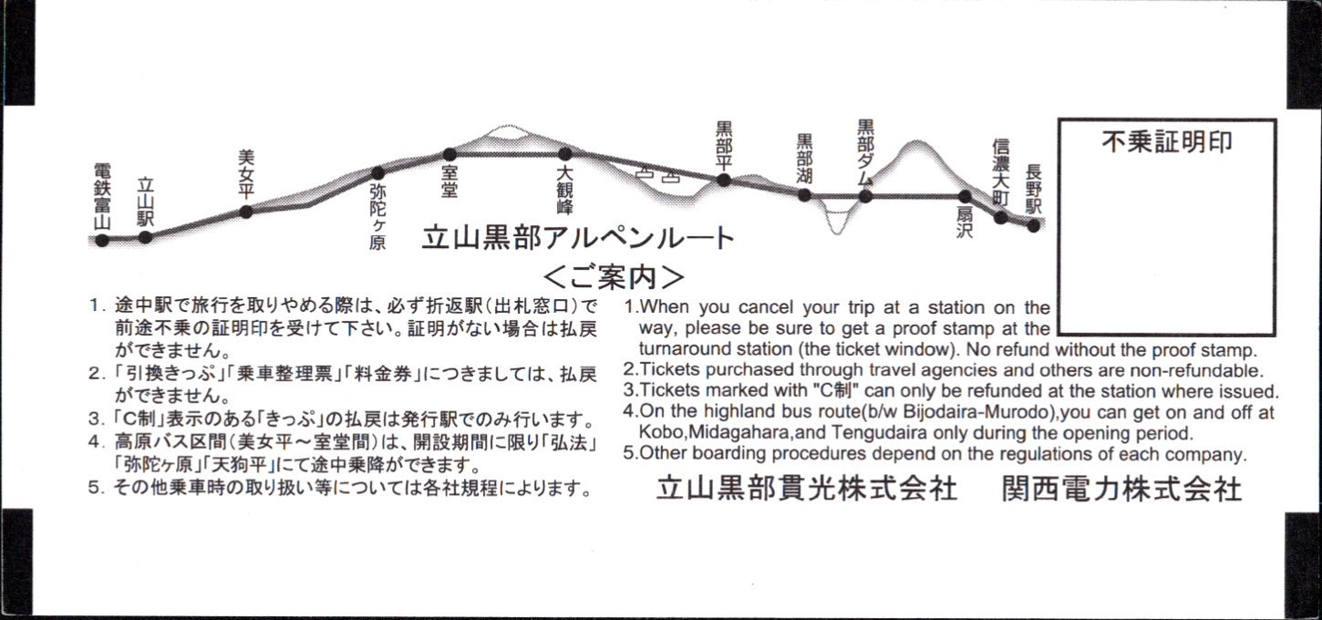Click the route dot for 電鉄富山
tap(102, 241)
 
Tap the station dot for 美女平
tap(246, 212)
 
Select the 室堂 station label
tap(449, 181)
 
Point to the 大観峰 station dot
tap(564, 154)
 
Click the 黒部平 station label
tap(724, 145)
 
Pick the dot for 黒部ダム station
tap(865, 196)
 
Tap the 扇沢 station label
tap(965, 222)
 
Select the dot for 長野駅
tap(1033, 225)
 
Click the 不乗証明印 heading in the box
tap(1167, 142)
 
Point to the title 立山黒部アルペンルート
tap(578, 238)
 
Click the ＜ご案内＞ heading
tap(614, 276)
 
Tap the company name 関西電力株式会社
tap(1122, 490)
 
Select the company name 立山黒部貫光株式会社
tap(806, 490)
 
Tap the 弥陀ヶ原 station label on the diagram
tap(377, 217)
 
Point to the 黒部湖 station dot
tap(804, 195)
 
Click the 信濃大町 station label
tap(1000, 172)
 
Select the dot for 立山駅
tap(145, 237)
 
